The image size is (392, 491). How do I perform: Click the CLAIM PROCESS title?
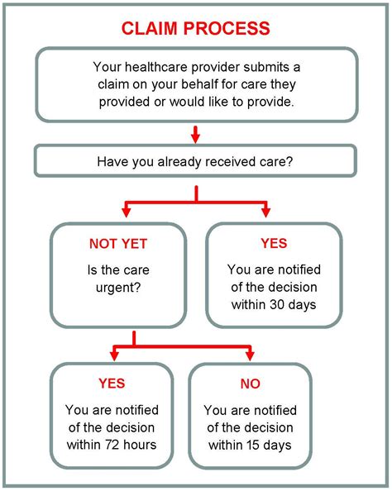196,28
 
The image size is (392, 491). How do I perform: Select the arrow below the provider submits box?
196,134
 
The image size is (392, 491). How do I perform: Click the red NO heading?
250,384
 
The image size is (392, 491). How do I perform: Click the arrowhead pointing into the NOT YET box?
126,212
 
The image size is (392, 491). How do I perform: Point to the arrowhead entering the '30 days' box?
266,212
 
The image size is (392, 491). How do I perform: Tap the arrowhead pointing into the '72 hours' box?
112,355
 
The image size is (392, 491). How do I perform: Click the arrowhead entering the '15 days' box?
250,355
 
